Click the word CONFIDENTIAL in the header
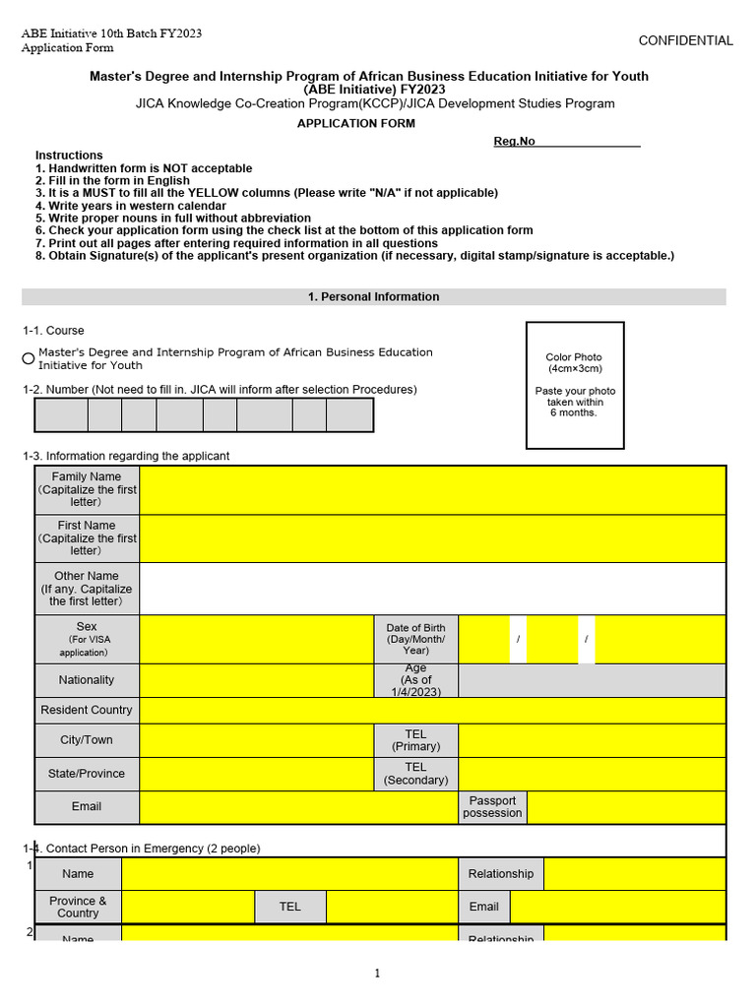685,40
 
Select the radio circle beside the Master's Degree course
29,358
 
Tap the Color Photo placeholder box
575,385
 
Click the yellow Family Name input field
432,489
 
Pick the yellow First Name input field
432,538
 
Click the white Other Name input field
432,589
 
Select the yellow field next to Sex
256,640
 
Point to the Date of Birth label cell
415,640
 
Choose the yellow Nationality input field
256,680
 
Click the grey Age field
592,680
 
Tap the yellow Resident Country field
432,710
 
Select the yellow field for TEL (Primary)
592,740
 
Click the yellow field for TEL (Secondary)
592,774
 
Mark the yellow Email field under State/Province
297,806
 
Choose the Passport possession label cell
492,806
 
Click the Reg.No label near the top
514,142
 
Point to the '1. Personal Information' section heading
374,296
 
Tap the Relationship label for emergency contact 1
500,874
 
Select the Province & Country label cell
78,907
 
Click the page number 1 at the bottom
377,974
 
